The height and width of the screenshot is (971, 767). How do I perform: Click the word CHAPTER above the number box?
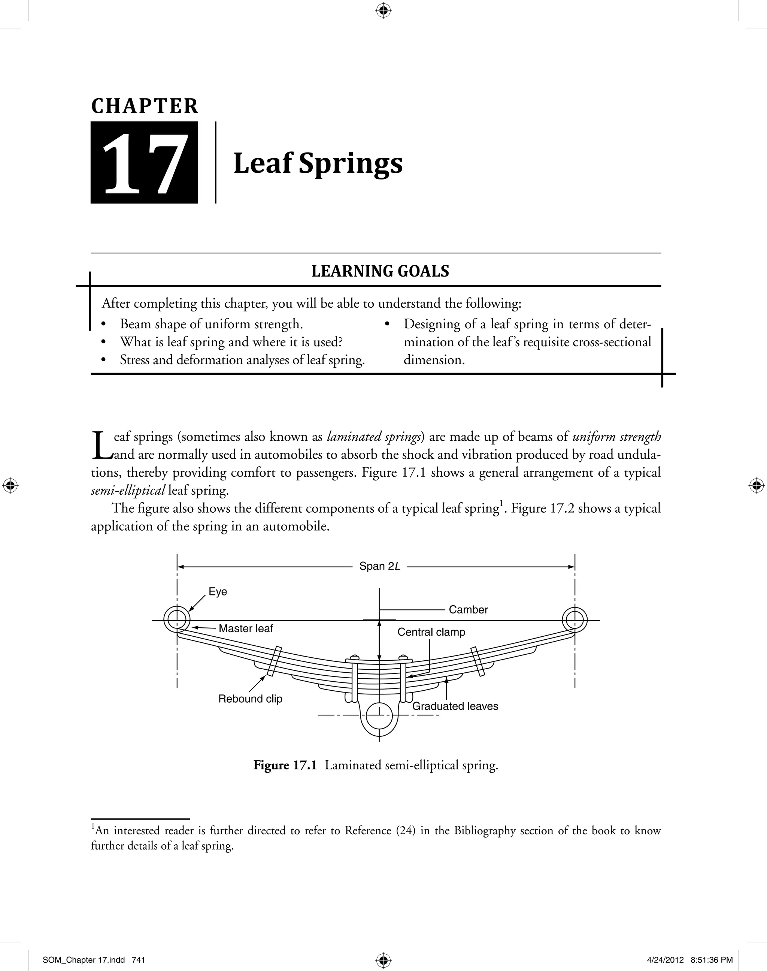(145, 106)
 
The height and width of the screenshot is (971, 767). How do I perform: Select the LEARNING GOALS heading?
(380, 271)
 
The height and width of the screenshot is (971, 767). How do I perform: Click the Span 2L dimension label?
(379, 566)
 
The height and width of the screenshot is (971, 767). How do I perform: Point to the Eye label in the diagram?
(218, 592)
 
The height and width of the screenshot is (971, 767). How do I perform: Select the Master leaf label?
(246, 628)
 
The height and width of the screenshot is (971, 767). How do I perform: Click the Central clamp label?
(431, 632)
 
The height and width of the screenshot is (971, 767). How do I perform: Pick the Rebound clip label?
(250, 699)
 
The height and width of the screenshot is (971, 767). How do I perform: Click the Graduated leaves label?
(455, 706)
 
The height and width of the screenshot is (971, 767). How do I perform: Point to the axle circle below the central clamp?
(379, 716)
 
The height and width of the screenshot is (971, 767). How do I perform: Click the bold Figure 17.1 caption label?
(285, 765)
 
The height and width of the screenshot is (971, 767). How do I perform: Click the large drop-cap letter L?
(101, 445)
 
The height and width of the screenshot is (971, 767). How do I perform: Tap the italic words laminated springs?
(374, 437)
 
